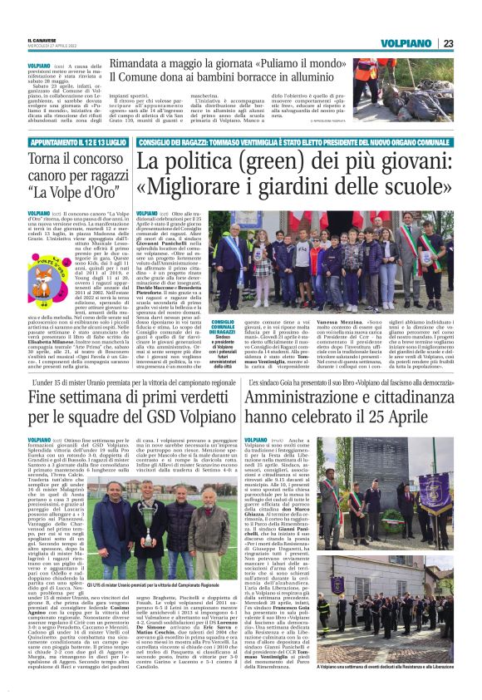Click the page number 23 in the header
coord(448,42)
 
